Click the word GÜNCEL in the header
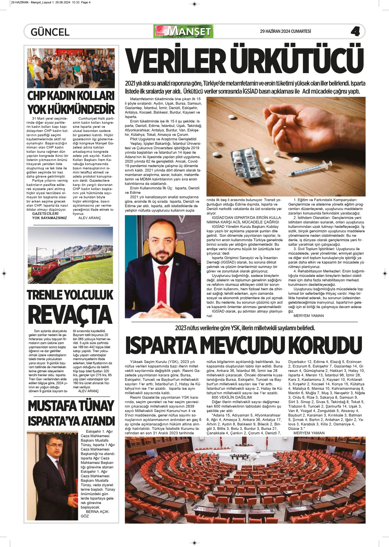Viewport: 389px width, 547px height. tap(50, 32)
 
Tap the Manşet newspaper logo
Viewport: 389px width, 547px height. tap(184, 31)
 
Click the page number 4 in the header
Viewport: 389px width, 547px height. tap(355, 31)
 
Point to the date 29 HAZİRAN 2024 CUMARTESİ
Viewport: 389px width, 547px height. tap(285, 31)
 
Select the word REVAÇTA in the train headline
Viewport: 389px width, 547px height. tap(70, 315)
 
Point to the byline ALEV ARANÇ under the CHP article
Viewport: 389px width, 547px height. tap(90, 218)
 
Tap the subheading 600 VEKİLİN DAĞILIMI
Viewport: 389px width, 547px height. tap(232, 397)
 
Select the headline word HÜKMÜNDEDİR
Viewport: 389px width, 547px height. tap(71, 109)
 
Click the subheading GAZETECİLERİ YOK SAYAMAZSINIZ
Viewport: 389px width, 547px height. tap(49, 216)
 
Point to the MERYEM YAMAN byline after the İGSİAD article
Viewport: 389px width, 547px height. tap(308, 316)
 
